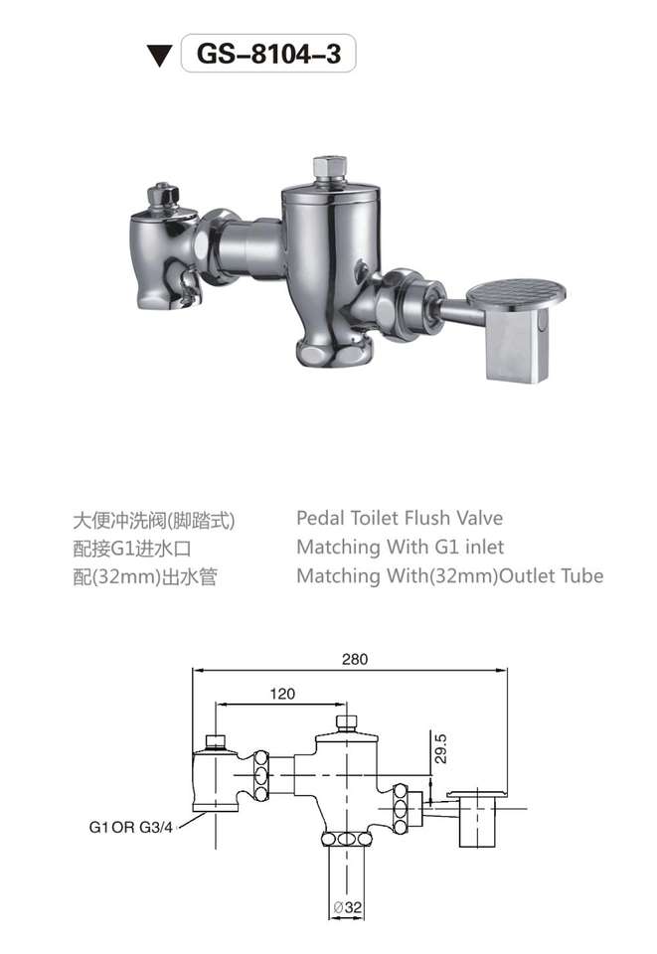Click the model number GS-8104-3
[x=268, y=55]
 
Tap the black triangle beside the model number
[x=159, y=56]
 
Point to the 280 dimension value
[x=355, y=659]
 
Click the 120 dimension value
[x=281, y=695]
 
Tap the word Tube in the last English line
[x=581, y=575]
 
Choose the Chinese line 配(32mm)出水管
[x=145, y=576]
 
